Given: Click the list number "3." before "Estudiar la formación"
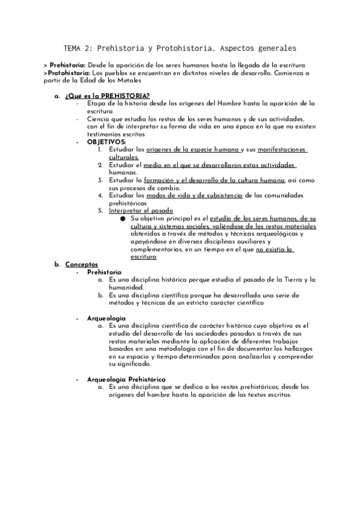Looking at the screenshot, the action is (101, 180).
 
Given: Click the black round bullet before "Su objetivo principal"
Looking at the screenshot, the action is (123, 219).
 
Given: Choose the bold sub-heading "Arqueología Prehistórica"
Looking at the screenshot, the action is (126, 380).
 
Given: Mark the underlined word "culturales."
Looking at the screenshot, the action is (124, 156).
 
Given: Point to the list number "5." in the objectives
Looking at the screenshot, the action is (101, 211).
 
